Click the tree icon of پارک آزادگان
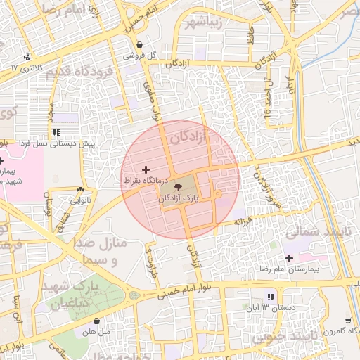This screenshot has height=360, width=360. (177, 188)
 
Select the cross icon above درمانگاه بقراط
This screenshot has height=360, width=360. (146, 169)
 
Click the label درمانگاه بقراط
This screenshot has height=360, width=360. (146, 181)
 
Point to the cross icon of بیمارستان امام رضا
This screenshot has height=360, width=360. (289, 258)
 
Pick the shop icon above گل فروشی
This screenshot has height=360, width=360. (140, 44)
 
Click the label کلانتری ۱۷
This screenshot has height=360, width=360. (27, 67)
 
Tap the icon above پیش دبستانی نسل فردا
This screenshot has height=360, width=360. (56, 131)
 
